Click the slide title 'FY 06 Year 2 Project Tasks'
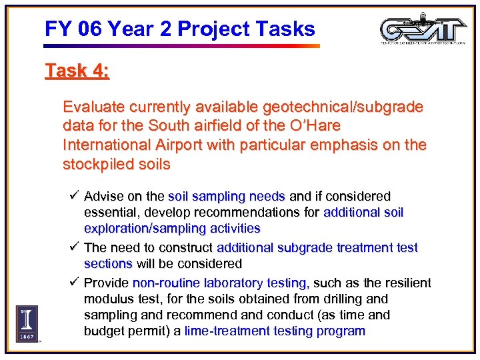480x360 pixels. pyautogui.click(x=179, y=29)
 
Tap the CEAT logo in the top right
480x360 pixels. pyautogui.click(x=423, y=29)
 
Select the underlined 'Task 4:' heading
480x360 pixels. pyautogui.click(x=77, y=71)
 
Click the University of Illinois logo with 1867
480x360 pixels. pyautogui.click(x=27, y=323)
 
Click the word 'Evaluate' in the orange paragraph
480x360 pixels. pyautogui.click(x=91, y=107)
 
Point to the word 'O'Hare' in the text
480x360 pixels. pyautogui.click(x=317, y=126)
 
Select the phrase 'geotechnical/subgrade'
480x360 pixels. pyautogui.click(x=343, y=107)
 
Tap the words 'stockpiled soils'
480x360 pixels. pyautogui.click(x=116, y=164)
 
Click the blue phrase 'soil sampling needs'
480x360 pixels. pyautogui.click(x=227, y=197)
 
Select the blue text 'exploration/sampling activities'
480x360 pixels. pyautogui.click(x=172, y=229)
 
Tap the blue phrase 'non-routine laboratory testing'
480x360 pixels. pyautogui.click(x=220, y=283)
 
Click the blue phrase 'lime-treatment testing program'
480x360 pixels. pyautogui.click(x=275, y=331)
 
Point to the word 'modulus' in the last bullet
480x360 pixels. pyautogui.click(x=107, y=299)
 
